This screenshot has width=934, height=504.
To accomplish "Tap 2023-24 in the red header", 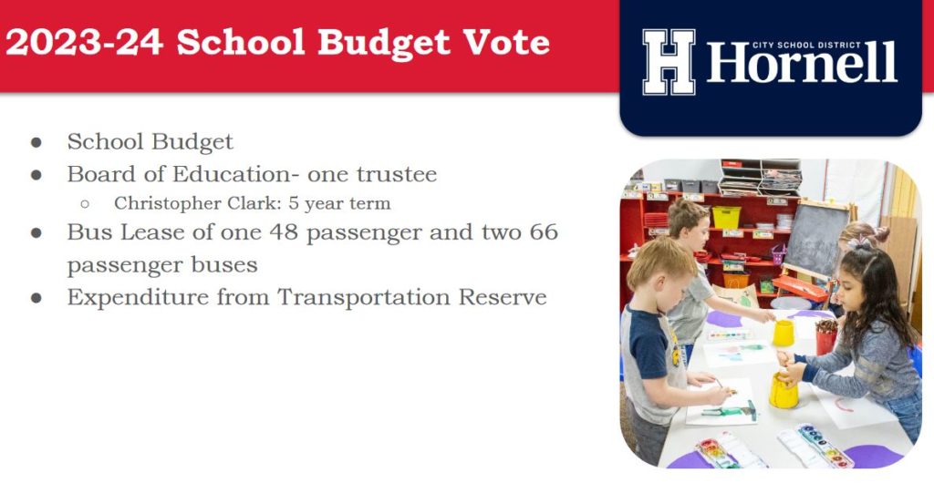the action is (84, 42).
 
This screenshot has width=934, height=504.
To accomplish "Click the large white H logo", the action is (669, 62).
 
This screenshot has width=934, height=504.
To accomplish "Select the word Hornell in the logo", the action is (802, 63).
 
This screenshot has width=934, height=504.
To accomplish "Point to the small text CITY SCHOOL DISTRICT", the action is (806, 45).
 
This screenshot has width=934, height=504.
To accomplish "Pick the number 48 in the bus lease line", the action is (284, 231).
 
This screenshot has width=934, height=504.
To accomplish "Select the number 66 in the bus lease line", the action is (544, 231).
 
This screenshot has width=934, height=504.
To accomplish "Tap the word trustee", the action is (397, 174).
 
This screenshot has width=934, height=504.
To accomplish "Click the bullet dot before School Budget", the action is (36, 142).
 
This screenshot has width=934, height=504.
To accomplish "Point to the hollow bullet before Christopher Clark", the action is (85, 204).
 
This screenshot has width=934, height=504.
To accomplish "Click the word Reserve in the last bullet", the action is (503, 297).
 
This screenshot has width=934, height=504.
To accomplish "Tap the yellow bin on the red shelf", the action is (726, 217).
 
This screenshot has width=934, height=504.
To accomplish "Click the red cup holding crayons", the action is (826, 337).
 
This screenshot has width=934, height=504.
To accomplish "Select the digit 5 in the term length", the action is (293, 203).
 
